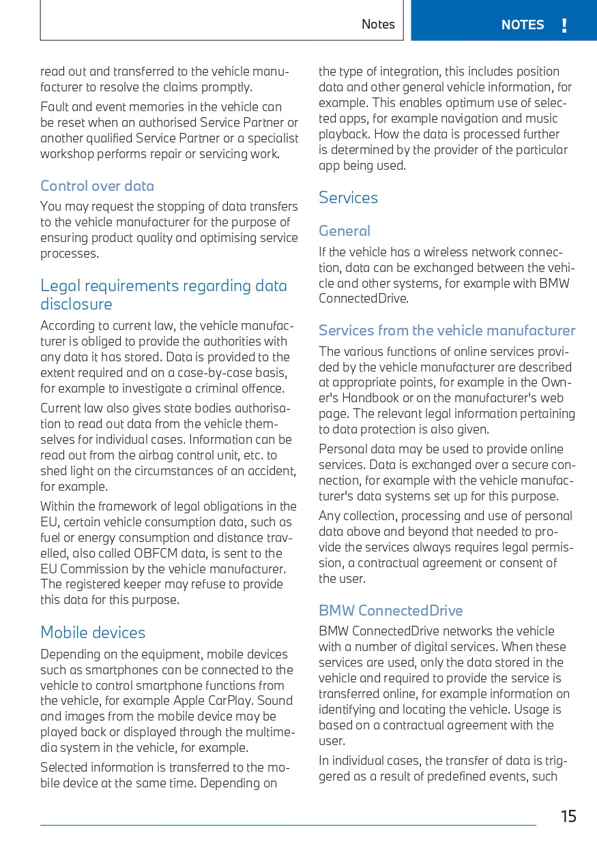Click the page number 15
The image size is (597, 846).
coord(568,816)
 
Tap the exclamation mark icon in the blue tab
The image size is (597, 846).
coord(564,25)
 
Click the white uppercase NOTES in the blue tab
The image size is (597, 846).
coord(523,25)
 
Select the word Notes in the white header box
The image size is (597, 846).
coord(378,25)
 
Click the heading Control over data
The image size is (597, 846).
coord(97,186)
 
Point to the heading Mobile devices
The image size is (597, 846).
coord(93,633)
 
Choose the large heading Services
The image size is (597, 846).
coord(348,198)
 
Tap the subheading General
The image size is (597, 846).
coord(345,231)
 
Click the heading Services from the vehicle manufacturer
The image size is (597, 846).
coord(447,331)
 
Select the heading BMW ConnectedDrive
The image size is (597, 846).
coord(390,611)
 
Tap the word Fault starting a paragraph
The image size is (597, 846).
coord(54,107)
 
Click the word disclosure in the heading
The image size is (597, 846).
coord(76,304)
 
